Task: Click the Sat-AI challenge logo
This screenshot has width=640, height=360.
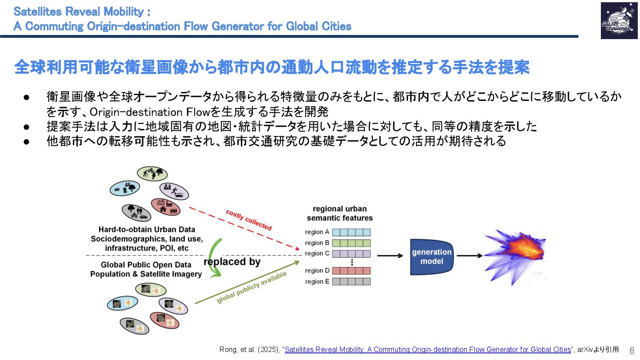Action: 619,20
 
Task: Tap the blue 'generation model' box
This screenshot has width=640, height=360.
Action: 431,256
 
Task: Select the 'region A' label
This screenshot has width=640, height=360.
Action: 317,232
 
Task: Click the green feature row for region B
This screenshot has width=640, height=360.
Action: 351,243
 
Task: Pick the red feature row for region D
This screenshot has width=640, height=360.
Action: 351,271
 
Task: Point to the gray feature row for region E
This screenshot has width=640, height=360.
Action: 351,281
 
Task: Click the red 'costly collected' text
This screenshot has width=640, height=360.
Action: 248,220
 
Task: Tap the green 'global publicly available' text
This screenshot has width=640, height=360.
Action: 252,288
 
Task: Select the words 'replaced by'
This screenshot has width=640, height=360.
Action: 232,262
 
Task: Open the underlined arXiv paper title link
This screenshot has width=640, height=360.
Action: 428,350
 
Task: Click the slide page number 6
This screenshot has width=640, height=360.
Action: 632,350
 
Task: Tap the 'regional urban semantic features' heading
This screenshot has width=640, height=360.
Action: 340,213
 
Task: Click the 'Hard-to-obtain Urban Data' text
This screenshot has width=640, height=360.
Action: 147,230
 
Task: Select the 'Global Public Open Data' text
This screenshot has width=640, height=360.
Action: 146,265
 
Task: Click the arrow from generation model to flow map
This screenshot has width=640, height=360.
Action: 469,256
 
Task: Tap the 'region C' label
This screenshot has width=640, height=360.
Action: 317,253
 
